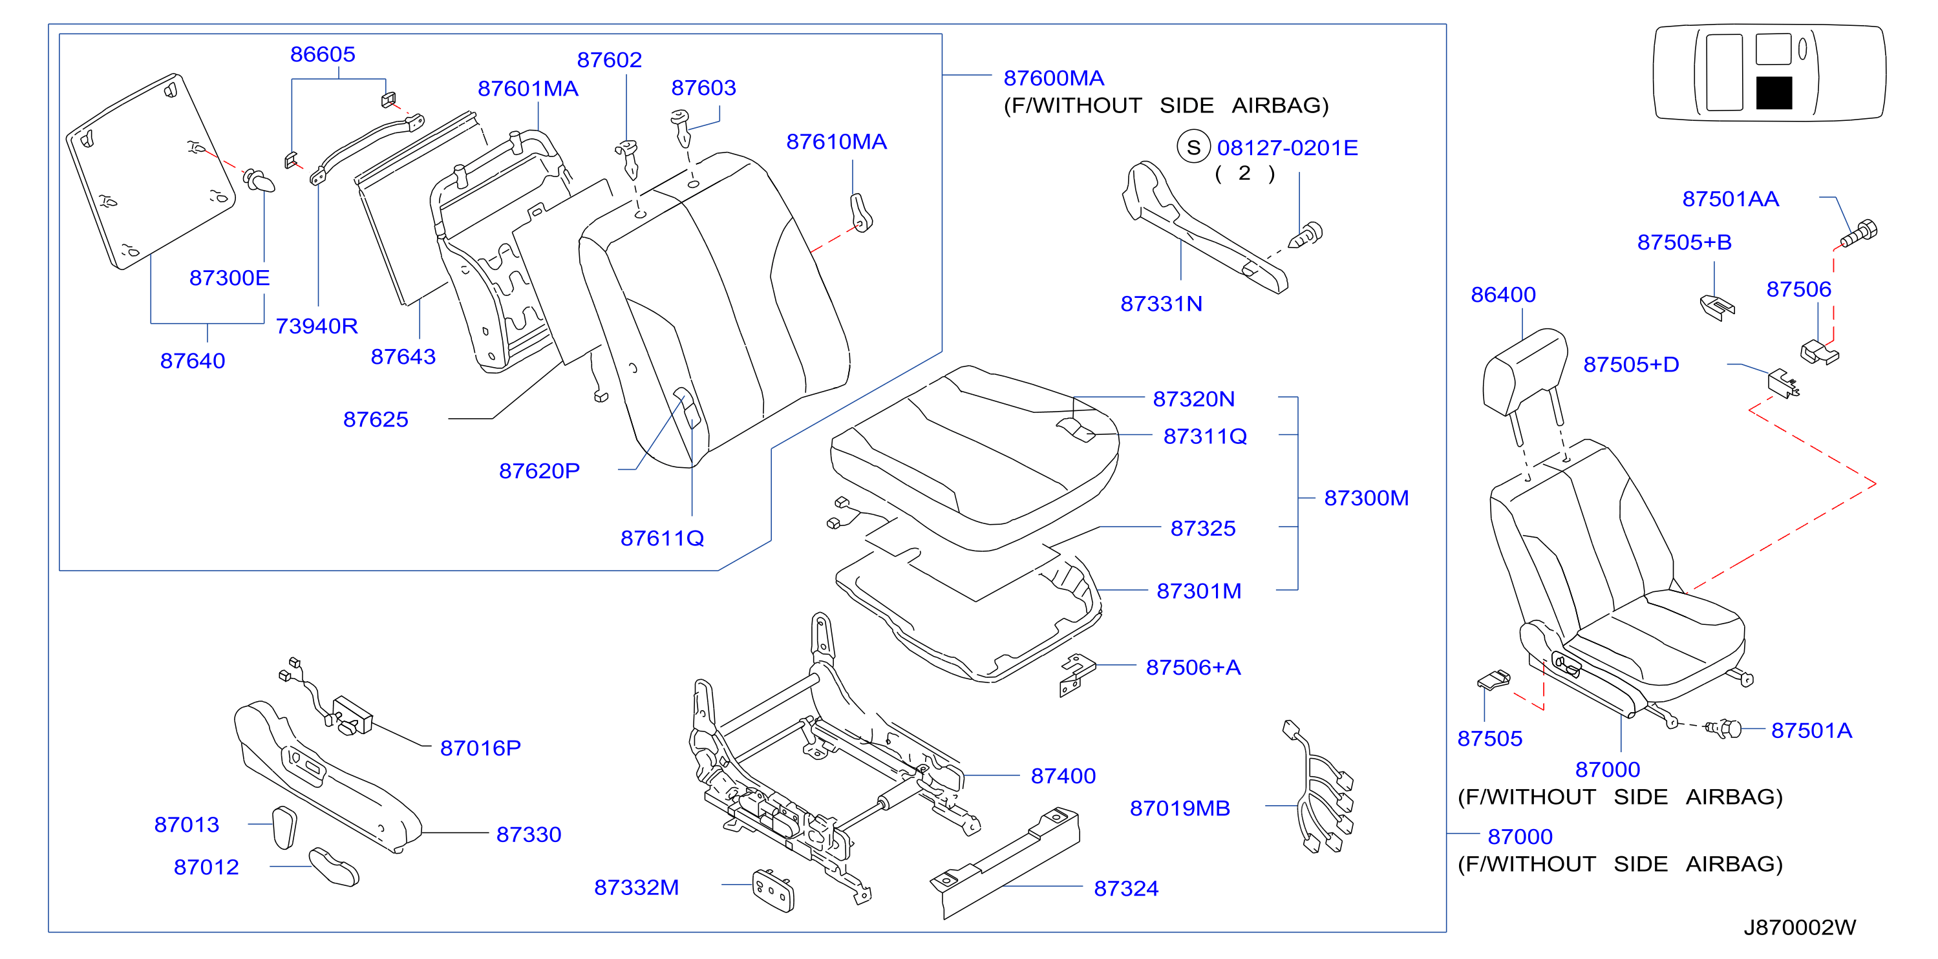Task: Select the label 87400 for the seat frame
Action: pyautogui.click(x=1063, y=775)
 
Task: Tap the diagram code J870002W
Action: pyautogui.click(x=1800, y=927)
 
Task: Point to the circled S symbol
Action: pyautogui.click(x=1193, y=147)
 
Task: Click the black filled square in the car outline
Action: pyautogui.click(x=1774, y=92)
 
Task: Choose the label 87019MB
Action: pyautogui.click(x=1180, y=808)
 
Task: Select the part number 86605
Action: pyautogui.click(x=323, y=54)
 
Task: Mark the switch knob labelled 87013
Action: pyautogui.click(x=284, y=827)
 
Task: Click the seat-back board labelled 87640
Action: pyautogui.click(x=151, y=171)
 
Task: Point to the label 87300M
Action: pyautogui.click(x=1366, y=498)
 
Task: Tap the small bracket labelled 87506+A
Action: pyautogui.click(x=1078, y=674)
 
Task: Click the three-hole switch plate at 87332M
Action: pyautogui.click(x=773, y=890)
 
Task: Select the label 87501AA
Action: pyautogui.click(x=1730, y=198)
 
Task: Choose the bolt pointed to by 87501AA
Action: pyautogui.click(x=1859, y=233)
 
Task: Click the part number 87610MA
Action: pyautogui.click(x=836, y=142)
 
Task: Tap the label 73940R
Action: pyautogui.click(x=317, y=326)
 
